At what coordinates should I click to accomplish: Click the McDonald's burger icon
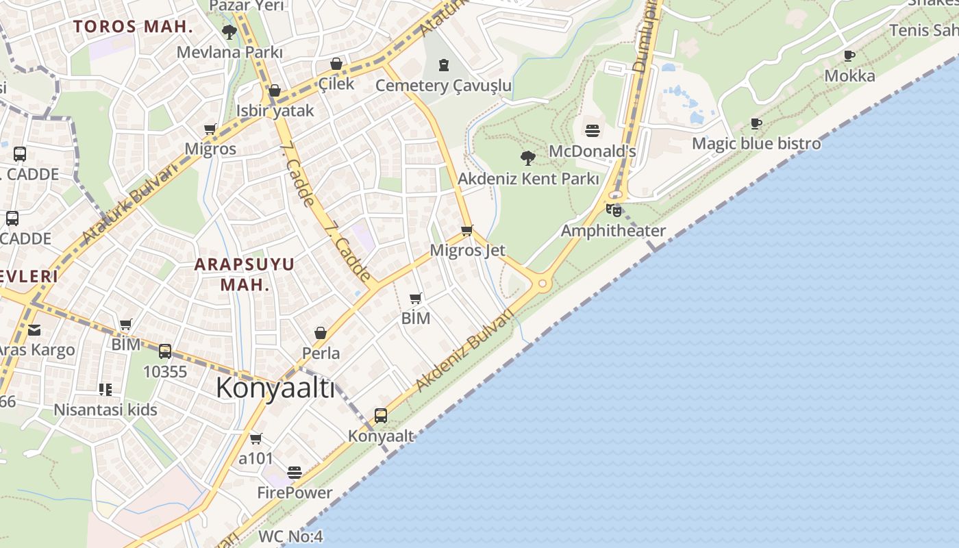tap(593, 131)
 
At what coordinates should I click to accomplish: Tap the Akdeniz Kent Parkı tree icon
tap(527, 158)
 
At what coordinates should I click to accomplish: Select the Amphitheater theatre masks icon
tap(614, 210)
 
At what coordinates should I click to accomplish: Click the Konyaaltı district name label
tap(275, 388)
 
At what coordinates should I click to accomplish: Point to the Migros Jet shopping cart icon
tap(467, 230)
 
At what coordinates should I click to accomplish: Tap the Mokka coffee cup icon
tap(849, 55)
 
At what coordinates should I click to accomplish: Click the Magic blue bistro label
tap(756, 144)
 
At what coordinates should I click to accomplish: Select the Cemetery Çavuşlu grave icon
tap(444, 65)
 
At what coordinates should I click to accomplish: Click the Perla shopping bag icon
tap(320, 333)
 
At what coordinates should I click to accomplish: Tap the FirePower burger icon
tap(295, 472)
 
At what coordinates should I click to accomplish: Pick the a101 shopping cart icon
tap(256, 438)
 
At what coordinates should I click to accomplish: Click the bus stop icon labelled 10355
tap(165, 351)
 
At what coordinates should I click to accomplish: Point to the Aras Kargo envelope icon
tap(34, 330)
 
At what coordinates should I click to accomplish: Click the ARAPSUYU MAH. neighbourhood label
tap(245, 274)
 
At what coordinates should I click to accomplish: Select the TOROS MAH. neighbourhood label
tap(133, 27)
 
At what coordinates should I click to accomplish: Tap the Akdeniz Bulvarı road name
tap(464, 351)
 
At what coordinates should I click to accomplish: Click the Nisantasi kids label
tap(105, 410)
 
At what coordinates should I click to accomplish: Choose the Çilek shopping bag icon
tap(336, 64)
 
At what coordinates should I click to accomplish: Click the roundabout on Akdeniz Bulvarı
tap(543, 283)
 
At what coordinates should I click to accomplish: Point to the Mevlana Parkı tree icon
tap(229, 32)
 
